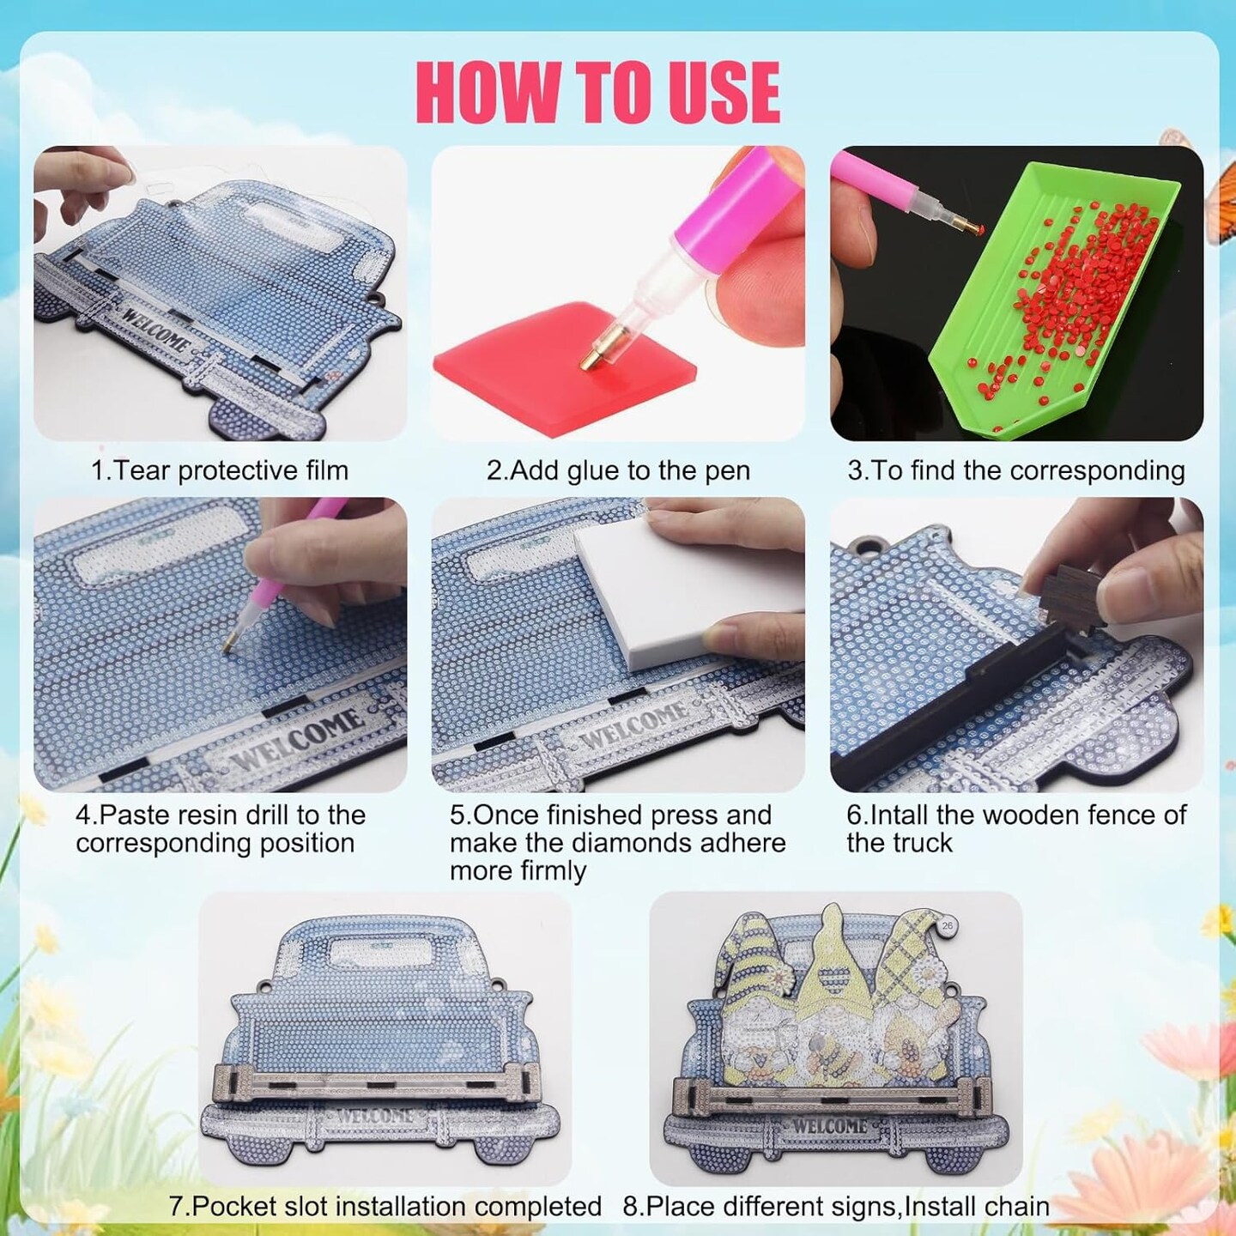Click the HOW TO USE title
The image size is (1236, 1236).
[x=598, y=93]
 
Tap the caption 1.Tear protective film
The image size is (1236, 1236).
[x=220, y=471]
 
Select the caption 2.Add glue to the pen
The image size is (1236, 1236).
[x=618, y=471]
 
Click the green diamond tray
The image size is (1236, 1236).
[x=1042, y=301]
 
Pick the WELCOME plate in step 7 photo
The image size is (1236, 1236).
[x=375, y=1116]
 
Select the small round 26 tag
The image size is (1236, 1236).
[x=948, y=926]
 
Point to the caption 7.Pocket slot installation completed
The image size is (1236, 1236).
[x=385, y=1206]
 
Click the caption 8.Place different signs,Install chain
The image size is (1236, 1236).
[x=836, y=1206]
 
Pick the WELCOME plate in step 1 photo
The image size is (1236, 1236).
[x=157, y=330]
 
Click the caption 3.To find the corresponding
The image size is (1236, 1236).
[x=1016, y=471]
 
